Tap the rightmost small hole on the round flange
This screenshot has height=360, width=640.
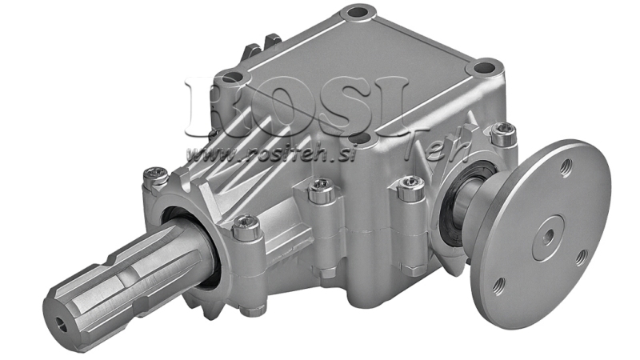(x=582, y=256)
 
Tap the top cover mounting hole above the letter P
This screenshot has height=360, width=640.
(x=232, y=78)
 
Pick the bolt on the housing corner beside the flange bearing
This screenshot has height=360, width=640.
(x=410, y=186)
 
